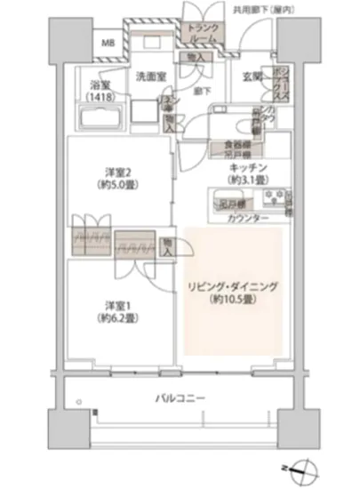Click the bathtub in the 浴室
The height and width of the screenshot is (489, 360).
[x=103, y=118]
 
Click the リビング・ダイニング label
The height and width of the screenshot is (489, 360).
[x=234, y=287]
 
